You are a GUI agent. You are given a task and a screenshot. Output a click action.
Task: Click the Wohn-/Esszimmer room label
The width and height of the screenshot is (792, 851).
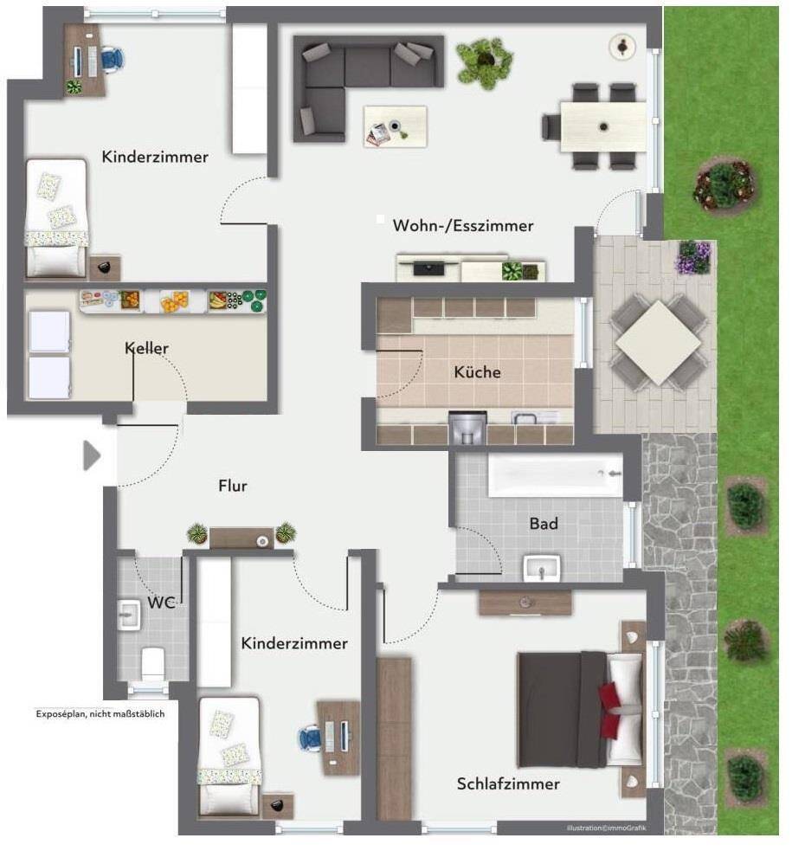click(x=463, y=226)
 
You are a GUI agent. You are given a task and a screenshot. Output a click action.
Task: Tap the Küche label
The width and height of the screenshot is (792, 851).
click(x=477, y=372)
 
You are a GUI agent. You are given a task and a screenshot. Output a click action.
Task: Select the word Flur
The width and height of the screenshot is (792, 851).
click(x=233, y=486)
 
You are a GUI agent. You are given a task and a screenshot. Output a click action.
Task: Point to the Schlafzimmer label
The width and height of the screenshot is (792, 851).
click(x=508, y=783)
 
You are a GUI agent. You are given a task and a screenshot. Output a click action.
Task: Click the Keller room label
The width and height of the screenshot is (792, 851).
click(x=146, y=348)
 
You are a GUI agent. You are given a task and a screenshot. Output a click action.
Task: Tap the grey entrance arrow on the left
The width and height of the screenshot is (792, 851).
click(x=92, y=455)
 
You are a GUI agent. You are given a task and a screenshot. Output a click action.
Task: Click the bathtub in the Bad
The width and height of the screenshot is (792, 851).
click(x=555, y=475)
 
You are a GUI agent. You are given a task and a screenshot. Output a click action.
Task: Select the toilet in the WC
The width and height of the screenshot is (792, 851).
click(x=153, y=662)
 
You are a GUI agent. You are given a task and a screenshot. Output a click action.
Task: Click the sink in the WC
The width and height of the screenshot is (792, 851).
click(x=129, y=615)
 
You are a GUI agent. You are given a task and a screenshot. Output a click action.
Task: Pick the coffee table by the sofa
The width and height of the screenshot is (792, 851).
click(x=395, y=126)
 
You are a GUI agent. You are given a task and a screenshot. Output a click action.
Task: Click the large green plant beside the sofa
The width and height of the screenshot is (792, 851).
click(x=485, y=61)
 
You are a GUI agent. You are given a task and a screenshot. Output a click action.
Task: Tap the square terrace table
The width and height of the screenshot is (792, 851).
click(x=659, y=343)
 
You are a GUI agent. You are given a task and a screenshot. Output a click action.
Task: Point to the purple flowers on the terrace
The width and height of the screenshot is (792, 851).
click(x=692, y=258)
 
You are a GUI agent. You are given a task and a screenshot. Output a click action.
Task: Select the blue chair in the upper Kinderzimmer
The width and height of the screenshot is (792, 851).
click(x=112, y=59)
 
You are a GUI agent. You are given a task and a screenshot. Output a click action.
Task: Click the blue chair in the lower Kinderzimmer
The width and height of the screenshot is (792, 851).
click(x=310, y=738)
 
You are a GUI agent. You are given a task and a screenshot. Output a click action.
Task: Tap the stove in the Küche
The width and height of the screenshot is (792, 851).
click(x=467, y=428)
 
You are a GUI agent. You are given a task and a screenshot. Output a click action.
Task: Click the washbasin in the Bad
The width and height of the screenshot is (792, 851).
click(x=541, y=568)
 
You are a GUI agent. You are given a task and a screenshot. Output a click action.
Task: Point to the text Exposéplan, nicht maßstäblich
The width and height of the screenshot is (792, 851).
click(x=100, y=713)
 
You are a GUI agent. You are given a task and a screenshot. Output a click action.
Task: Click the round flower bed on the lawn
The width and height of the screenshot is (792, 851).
click(x=724, y=184)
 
